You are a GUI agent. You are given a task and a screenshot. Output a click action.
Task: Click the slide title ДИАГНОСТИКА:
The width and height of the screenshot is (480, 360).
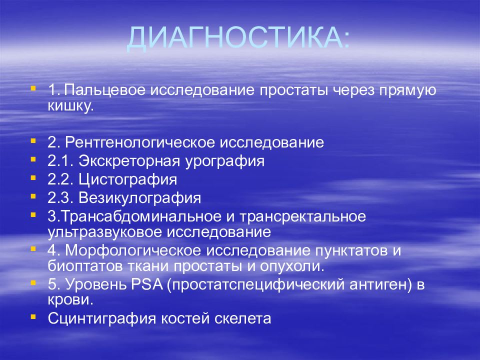(238, 38)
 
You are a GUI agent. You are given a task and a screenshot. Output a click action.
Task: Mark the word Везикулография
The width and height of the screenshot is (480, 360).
(139, 198)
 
